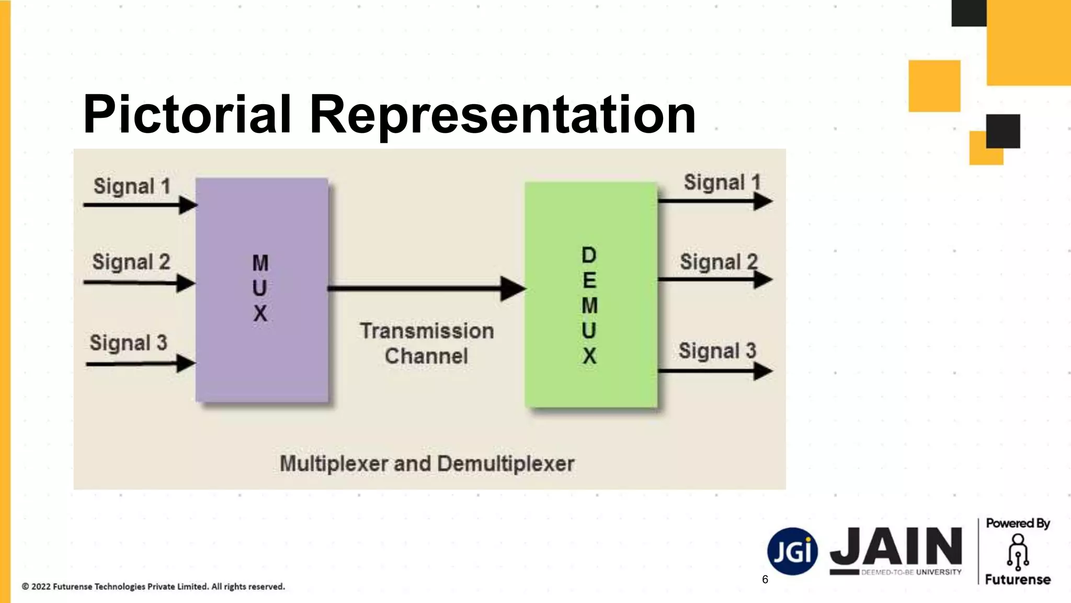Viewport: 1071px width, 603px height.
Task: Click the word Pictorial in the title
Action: [x=187, y=114]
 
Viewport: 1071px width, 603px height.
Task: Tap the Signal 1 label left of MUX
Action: [x=132, y=186]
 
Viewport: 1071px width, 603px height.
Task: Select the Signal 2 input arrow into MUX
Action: [x=139, y=283]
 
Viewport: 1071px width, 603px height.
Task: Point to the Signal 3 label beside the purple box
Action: [x=128, y=343]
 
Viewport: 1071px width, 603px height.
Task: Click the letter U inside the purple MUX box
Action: [x=260, y=288]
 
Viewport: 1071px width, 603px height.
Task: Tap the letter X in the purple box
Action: [x=260, y=314]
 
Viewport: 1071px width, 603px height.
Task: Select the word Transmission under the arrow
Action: [x=427, y=331]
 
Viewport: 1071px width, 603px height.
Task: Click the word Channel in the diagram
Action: [x=426, y=356]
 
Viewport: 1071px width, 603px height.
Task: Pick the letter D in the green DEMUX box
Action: [x=589, y=255]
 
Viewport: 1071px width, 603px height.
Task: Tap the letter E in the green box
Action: [x=589, y=281]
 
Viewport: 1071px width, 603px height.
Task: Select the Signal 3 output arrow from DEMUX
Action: [x=714, y=371]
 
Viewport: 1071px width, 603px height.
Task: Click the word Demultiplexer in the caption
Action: [x=506, y=464]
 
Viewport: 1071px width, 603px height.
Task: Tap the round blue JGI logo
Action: [x=792, y=551]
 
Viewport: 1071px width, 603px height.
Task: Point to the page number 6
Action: [x=765, y=579]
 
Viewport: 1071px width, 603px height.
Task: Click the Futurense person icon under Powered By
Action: [x=1018, y=552]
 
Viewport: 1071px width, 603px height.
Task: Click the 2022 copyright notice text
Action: [x=153, y=587]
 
